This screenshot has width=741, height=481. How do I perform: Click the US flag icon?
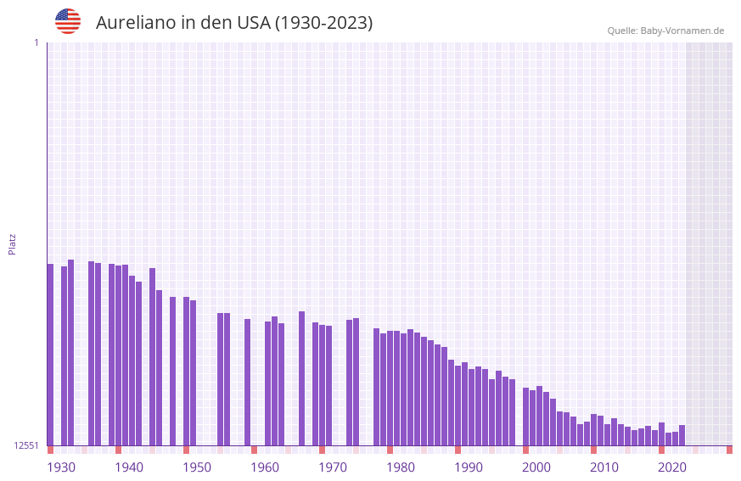[x=68, y=21]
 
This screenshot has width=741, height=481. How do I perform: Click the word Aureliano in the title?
[x=136, y=23]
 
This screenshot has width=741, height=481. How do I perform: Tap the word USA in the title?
[x=253, y=23]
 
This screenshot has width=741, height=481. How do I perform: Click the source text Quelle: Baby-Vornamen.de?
[x=665, y=31]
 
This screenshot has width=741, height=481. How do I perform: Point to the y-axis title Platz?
[x=12, y=243]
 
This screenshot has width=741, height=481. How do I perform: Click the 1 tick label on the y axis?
[x=36, y=42]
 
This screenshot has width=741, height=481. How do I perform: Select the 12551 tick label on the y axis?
[x=26, y=445]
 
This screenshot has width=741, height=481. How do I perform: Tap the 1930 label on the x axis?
[x=61, y=467]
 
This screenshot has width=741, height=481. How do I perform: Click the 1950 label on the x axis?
[x=197, y=467]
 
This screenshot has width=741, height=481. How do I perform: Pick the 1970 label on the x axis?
[x=333, y=467]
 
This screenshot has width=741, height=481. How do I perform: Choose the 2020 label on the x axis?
[x=672, y=467]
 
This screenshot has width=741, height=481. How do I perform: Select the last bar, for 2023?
[x=682, y=435]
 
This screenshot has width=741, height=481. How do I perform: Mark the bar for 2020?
[x=661, y=433]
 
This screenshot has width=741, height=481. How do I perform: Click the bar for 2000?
[x=525, y=417]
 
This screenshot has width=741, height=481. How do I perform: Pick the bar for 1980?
[x=390, y=388]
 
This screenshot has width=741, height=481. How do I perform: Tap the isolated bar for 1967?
[x=301, y=378]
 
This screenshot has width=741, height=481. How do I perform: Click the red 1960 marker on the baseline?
[x=254, y=450]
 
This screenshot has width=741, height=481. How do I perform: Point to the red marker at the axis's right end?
[x=729, y=450]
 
